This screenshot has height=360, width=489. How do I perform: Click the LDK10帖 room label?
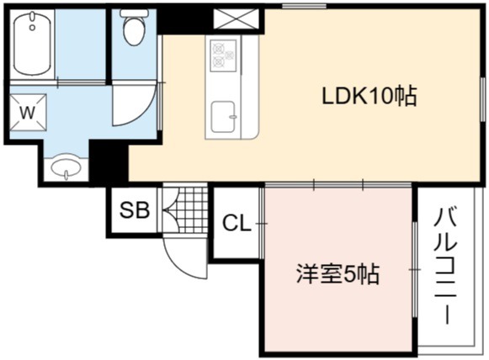click(x=369, y=96)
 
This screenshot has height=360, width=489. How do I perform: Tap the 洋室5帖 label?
click(x=338, y=274)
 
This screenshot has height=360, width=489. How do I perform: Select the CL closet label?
click(x=237, y=223)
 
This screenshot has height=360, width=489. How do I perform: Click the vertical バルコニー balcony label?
click(x=445, y=267)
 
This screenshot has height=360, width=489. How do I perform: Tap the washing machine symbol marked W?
click(x=28, y=112)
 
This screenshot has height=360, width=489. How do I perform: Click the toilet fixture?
click(x=134, y=28)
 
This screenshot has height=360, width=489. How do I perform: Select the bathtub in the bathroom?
click(x=32, y=43)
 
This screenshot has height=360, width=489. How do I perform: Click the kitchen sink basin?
click(x=223, y=117)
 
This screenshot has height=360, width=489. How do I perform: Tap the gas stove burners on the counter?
click(x=223, y=56)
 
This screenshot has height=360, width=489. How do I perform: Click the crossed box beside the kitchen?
click(x=236, y=19)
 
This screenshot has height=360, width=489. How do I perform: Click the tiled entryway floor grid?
click(x=185, y=209)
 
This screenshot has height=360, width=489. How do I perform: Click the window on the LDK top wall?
click(x=304, y=6)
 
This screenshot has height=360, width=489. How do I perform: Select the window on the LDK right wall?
click(x=483, y=98)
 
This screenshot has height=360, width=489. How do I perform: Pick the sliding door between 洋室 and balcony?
click(x=414, y=269)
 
